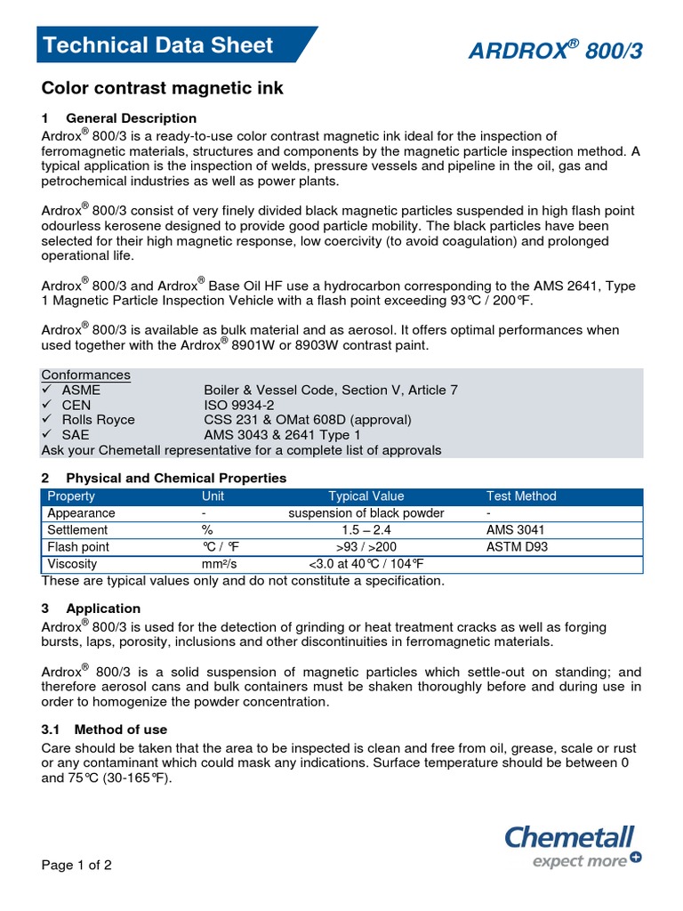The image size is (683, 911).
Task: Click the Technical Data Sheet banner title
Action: coord(159,45)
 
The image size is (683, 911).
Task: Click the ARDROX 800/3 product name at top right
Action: coord(556,52)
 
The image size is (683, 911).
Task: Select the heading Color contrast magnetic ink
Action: coord(163,88)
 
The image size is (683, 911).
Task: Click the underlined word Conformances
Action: coord(86,375)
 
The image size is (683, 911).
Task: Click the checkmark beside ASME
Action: coord(48,390)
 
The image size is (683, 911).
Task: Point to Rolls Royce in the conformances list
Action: coord(98,420)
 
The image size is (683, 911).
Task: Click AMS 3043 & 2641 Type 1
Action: coord(282,435)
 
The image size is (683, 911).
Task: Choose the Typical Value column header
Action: coord(366,496)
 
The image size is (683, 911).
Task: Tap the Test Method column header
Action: coord(520,496)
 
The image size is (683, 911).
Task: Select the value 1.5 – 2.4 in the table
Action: coord(366,530)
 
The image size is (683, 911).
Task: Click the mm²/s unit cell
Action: coord(221,564)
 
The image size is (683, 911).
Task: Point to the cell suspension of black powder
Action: coord(366,513)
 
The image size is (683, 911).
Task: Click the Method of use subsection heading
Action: coord(120,730)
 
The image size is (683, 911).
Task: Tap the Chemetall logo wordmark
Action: coord(569,837)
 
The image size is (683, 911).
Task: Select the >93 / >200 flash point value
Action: coord(366,547)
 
